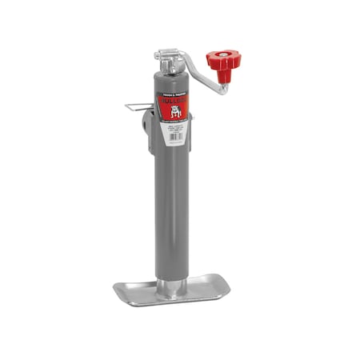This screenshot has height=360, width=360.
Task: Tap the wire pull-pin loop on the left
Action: pos(134,107)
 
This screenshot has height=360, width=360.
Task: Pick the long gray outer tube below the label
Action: pos(170,208)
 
